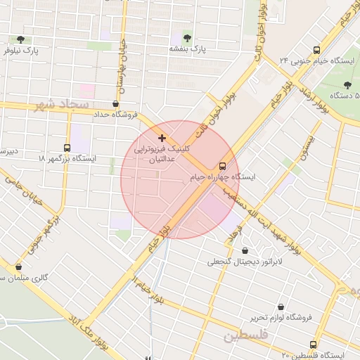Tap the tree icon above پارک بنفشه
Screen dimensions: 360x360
coord(187,38)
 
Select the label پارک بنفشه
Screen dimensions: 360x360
coord(186,49)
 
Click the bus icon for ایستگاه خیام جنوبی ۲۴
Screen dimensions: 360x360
coord(317,50)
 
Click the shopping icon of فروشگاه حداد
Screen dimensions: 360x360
coord(115,104)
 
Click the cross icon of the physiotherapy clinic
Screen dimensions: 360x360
coord(162,138)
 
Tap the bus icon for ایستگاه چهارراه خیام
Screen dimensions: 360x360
coord(223,167)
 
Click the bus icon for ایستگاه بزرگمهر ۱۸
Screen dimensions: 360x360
coord(67,148)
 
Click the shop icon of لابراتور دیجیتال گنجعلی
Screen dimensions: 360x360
coord(245,251)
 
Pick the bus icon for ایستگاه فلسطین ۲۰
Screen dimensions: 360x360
coord(313,345)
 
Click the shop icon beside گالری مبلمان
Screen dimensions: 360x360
coord(18,266)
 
